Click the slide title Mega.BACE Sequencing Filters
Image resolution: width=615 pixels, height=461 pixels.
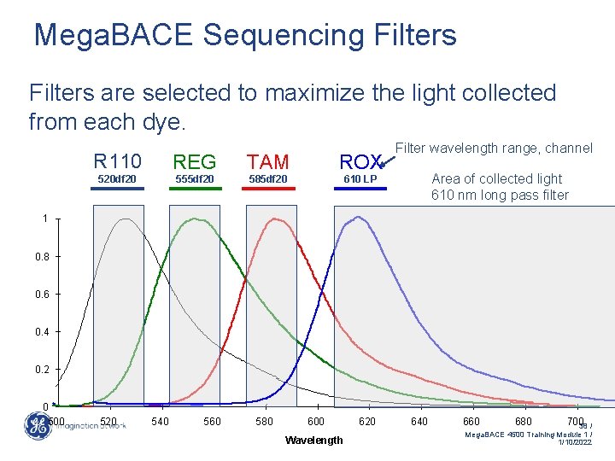[x=245, y=35]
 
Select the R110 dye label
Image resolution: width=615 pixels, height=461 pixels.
[x=118, y=160]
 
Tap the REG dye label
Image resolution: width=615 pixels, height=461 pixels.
[x=195, y=161]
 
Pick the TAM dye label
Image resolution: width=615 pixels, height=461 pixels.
[x=268, y=161]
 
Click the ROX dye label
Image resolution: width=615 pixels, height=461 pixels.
[x=360, y=161]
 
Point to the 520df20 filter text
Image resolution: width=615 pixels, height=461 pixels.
[x=117, y=179]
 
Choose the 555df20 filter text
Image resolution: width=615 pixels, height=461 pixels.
[x=195, y=179]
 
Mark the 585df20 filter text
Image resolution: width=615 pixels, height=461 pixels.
[x=268, y=179]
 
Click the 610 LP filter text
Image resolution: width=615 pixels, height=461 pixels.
[x=360, y=179]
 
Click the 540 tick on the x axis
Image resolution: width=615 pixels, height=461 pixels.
[x=160, y=422]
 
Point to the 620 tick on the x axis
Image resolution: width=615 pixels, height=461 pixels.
[x=367, y=422]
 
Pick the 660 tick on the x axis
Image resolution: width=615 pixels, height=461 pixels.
[x=471, y=422]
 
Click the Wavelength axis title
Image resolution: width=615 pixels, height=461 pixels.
[x=314, y=440]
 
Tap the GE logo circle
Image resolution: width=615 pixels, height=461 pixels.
[x=37, y=427]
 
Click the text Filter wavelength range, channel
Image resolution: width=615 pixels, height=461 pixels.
[x=493, y=149]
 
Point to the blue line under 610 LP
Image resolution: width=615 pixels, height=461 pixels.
[x=360, y=189]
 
